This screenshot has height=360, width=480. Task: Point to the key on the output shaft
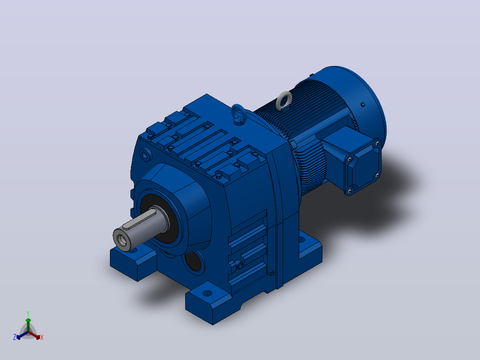tap(140, 219)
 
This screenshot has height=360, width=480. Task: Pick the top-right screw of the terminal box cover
tap(377, 143)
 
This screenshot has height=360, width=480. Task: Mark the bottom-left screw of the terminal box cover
tap(350, 192)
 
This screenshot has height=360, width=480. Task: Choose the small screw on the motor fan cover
tap(363, 105)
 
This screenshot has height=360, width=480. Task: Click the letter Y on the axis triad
tap(28, 313)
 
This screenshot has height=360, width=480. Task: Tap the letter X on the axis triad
tap(42, 337)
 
